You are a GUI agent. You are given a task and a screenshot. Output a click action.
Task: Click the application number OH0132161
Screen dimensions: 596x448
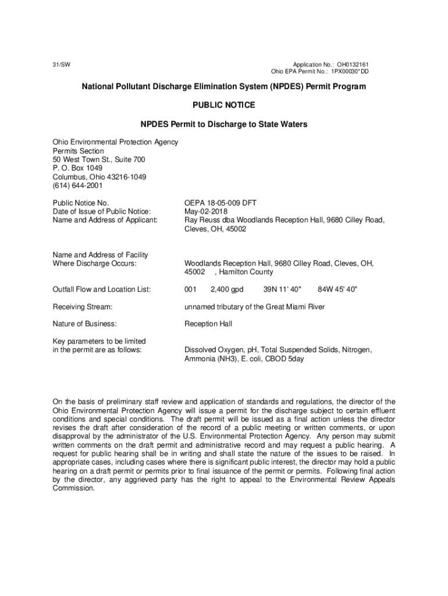point(353,64)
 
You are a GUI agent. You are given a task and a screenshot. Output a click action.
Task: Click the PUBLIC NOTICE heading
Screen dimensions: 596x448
point(224,105)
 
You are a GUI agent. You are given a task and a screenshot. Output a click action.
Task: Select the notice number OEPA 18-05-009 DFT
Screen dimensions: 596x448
point(221,203)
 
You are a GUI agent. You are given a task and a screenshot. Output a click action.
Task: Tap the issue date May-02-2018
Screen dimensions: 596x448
point(206,212)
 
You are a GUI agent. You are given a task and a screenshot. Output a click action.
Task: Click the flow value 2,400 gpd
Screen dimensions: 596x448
point(227,289)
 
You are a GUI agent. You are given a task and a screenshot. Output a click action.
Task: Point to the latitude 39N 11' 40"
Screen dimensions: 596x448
point(282,289)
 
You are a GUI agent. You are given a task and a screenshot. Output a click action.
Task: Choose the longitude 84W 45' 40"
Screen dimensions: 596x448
point(338,289)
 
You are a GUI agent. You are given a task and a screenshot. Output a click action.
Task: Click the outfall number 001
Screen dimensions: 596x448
point(190,289)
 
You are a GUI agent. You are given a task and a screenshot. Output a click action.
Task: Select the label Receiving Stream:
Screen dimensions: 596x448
point(82,307)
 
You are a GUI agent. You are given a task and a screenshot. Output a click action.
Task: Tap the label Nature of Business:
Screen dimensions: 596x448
point(84,324)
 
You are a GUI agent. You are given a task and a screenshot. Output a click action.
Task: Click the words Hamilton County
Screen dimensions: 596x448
point(247,272)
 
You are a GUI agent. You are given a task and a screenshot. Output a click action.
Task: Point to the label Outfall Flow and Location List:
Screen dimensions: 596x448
point(102,289)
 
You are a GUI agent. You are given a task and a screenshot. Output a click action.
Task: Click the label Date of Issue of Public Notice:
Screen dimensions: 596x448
point(102,212)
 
